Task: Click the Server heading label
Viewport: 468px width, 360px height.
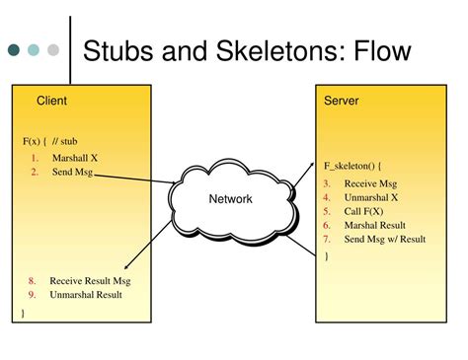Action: (x=342, y=101)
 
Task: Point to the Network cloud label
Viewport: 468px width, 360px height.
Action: (x=230, y=199)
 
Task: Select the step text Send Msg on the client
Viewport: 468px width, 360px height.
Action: (x=73, y=172)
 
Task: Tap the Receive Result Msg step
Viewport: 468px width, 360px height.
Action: (x=90, y=280)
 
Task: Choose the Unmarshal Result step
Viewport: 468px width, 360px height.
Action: (x=87, y=294)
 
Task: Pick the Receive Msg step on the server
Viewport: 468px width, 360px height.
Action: (x=370, y=183)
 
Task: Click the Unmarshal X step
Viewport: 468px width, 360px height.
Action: (x=371, y=197)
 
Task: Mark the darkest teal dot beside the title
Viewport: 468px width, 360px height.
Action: (x=15, y=49)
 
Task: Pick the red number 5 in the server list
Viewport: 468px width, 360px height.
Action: (x=326, y=211)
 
